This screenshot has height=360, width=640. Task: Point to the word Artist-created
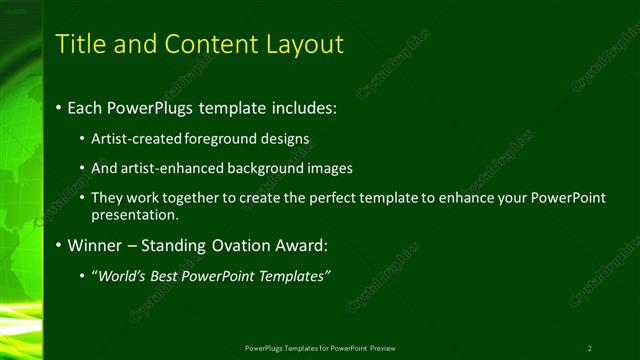[x=135, y=138]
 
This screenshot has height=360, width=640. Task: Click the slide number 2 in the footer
[x=590, y=348]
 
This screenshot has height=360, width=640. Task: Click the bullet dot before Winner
[x=58, y=245]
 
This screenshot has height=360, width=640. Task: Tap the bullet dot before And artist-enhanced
[x=82, y=168]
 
